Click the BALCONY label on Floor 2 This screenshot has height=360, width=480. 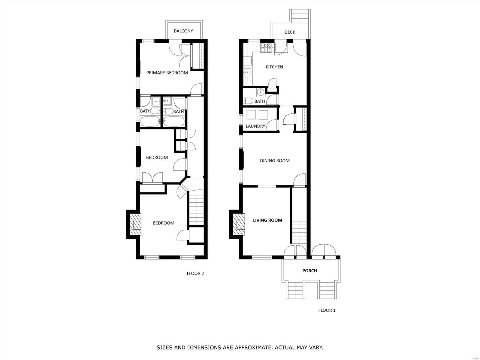coord(183,31)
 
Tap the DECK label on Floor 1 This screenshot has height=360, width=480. coord(290,32)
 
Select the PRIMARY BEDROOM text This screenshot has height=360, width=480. coord(167,73)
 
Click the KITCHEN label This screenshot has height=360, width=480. coord(274,67)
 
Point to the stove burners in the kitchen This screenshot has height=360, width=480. coord(266,48)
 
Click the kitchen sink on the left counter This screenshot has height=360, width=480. coord(247,72)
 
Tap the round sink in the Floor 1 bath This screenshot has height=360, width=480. coord(261,92)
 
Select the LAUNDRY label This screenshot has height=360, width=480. coord(255,126)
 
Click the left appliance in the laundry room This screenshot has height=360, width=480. coord(251,115)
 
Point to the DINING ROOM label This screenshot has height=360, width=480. coord(275,161)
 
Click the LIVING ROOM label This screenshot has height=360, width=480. coord(267,220)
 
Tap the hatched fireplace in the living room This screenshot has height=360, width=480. coord(239,224)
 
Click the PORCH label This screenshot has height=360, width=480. coord(309,271)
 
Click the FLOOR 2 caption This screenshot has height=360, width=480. coord(195,274)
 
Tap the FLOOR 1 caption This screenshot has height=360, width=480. coord(327,310)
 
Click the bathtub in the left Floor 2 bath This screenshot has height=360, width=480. coord(151,121)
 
